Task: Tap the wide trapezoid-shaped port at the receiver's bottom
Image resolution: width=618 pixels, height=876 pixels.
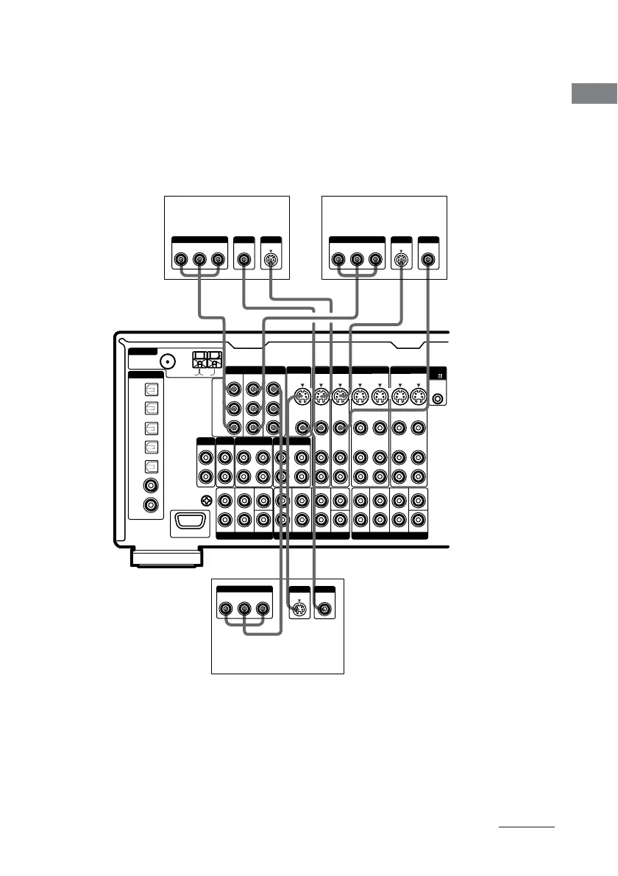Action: click(191, 523)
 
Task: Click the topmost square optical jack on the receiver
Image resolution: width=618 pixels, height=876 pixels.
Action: click(152, 389)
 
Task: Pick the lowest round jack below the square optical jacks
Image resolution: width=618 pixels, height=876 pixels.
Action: click(152, 506)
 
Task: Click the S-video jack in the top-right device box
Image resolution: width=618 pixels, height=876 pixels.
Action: click(401, 259)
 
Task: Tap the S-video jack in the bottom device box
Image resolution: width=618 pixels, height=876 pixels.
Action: click(299, 610)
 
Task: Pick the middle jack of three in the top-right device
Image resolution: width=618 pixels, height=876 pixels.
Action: click(357, 259)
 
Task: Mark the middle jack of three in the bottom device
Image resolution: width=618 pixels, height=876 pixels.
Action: click(244, 610)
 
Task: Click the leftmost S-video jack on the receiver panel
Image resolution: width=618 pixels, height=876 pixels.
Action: click(302, 398)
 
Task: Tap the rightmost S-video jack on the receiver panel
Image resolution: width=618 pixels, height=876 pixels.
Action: click(417, 398)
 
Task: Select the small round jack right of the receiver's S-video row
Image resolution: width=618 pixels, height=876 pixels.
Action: click(438, 399)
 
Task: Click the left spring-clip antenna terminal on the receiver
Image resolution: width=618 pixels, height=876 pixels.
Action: click(200, 361)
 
